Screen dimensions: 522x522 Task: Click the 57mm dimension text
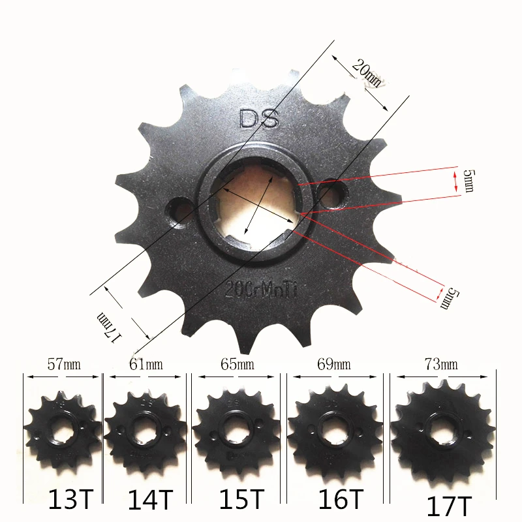click(63, 364)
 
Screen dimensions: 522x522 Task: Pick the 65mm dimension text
click(237, 364)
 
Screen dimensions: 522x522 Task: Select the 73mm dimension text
click(439, 364)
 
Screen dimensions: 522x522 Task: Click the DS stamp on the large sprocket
click(259, 119)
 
